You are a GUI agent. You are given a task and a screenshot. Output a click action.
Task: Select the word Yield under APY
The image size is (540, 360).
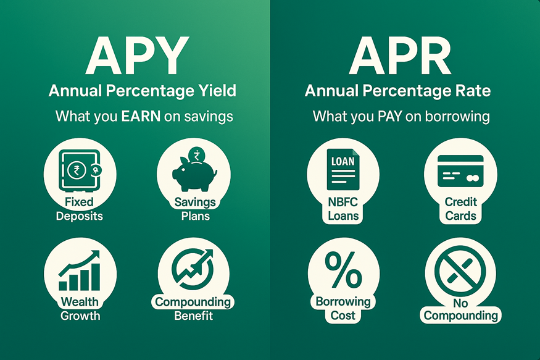point(215,91)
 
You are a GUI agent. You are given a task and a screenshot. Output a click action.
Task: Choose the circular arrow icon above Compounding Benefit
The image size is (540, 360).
point(194,272)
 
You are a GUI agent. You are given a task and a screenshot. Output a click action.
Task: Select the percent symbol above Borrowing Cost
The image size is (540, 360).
point(343,272)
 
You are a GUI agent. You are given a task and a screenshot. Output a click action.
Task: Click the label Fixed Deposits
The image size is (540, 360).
point(80,209)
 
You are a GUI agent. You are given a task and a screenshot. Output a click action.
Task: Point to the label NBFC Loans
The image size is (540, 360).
point(343,209)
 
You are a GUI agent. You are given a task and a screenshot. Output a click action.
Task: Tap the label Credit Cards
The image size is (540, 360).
point(460,209)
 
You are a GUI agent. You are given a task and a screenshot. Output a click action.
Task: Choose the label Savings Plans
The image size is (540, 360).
point(194,209)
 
